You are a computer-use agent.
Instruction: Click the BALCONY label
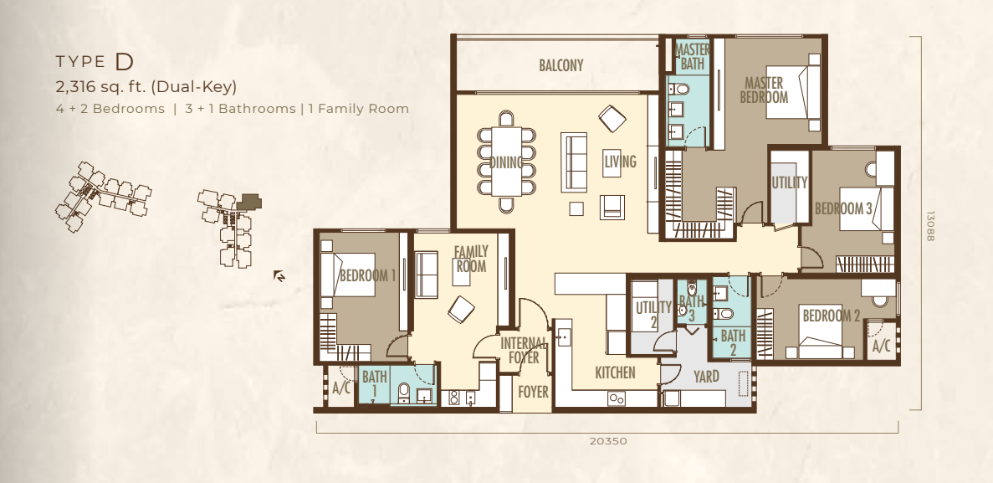[x=561, y=65]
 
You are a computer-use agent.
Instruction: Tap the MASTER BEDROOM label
[x=764, y=90]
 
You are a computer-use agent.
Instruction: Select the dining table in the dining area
[x=507, y=162]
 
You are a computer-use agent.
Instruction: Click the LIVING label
[x=619, y=162]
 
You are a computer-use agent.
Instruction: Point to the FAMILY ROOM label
[x=470, y=259]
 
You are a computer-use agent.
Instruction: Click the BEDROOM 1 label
[x=367, y=275]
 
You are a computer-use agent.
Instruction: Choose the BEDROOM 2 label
[x=831, y=315]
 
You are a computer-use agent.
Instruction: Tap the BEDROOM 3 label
[x=843, y=208]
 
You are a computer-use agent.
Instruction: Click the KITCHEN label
[x=615, y=373]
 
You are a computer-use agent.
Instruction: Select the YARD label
[x=706, y=378]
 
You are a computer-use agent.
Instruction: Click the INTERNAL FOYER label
[x=524, y=351]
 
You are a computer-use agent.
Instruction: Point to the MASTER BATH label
[x=692, y=56]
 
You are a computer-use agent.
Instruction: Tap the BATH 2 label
[x=733, y=342]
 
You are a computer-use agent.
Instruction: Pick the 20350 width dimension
[x=608, y=441]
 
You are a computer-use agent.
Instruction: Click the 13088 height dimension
[x=930, y=226]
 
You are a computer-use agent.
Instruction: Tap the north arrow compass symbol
[x=279, y=275]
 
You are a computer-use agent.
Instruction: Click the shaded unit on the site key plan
[x=249, y=203]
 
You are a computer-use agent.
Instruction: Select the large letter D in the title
[x=125, y=62]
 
